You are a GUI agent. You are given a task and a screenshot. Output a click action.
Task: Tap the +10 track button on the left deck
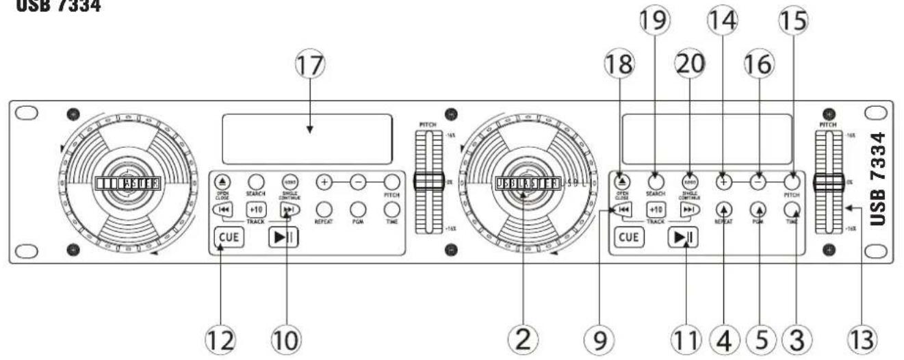click(256, 210)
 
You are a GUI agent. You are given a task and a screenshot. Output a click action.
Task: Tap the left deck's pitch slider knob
click(429, 182)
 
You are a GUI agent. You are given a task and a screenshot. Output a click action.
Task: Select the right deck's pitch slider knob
click(829, 183)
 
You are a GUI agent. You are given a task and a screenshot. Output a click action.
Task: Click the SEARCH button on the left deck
click(256, 182)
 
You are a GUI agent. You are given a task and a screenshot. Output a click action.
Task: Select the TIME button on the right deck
click(792, 209)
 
